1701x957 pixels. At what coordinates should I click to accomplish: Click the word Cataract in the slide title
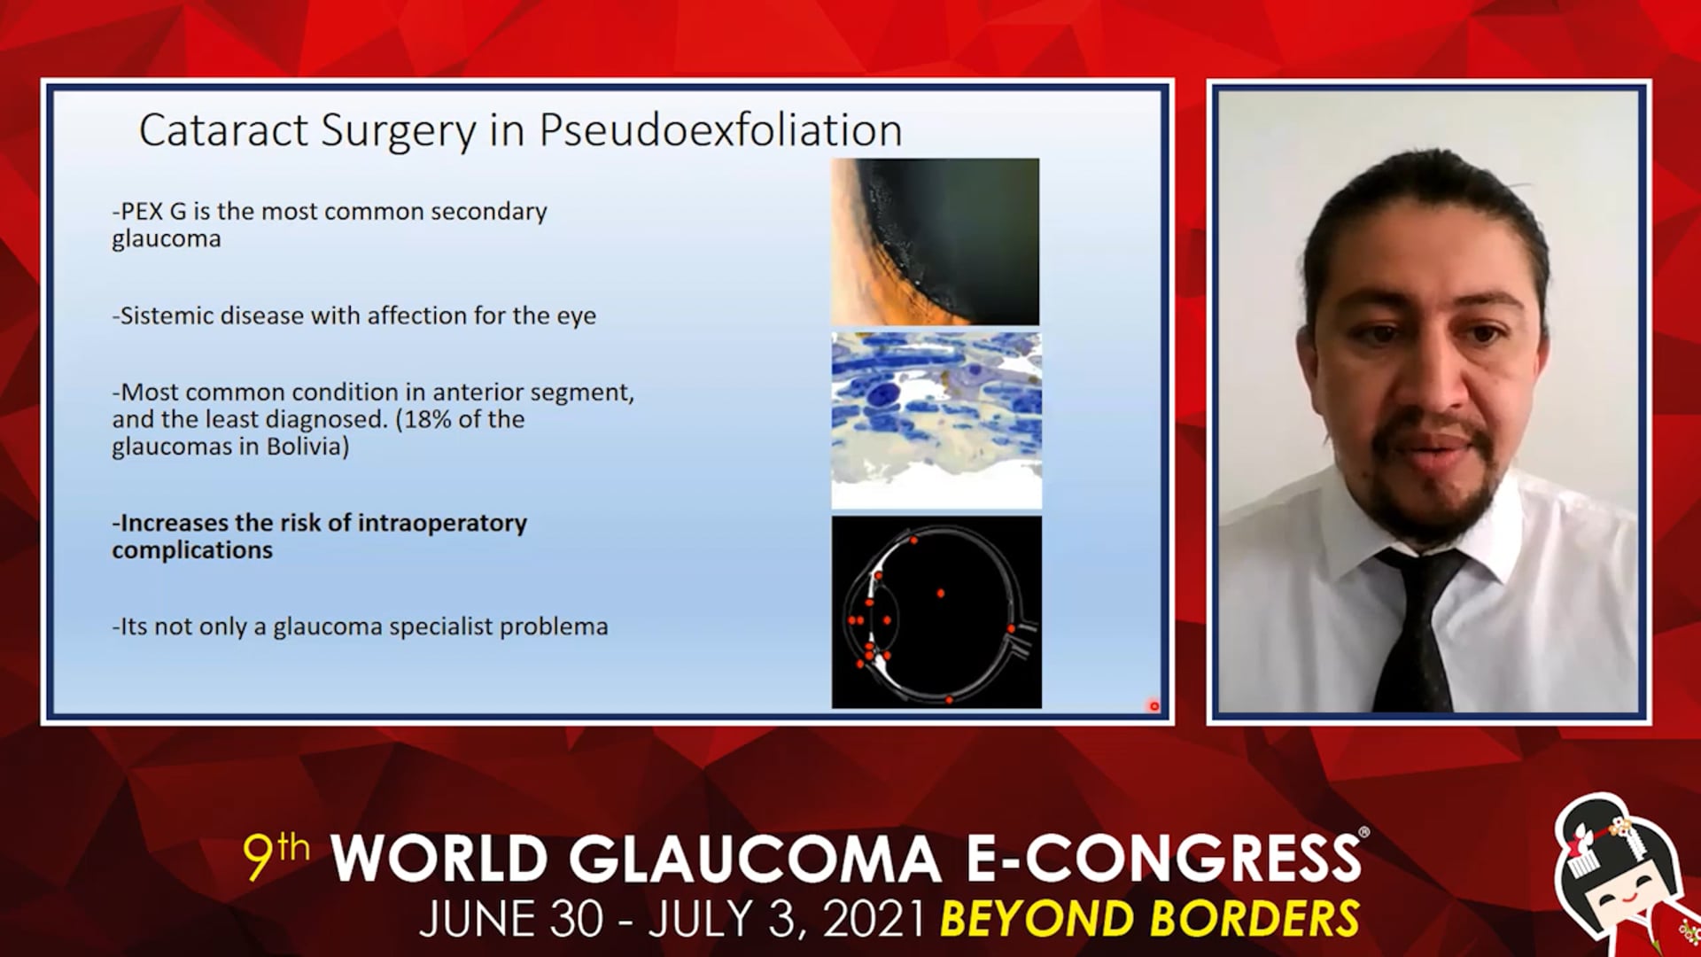point(223,130)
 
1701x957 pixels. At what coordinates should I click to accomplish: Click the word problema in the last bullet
point(554,627)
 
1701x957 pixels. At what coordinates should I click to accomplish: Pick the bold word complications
point(192,551)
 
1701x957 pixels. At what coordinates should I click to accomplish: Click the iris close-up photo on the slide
point(936,241)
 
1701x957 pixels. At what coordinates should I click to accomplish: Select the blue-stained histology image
point(936,420)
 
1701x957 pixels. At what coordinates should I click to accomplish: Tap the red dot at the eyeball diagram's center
point(941,593)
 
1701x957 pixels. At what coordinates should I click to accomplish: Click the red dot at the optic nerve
point(1011,629)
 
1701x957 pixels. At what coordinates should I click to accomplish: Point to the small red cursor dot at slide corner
point(1153,706)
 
